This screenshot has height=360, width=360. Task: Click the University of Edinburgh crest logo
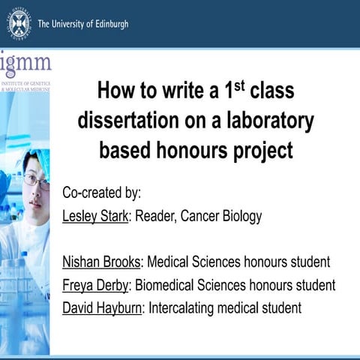19,23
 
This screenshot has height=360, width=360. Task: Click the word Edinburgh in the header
106,24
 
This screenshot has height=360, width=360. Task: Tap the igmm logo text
25,62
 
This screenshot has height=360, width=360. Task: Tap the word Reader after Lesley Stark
155,217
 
